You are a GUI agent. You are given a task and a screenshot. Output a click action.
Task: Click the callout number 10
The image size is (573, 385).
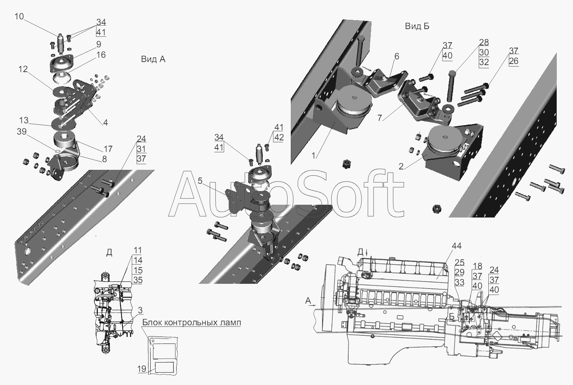(19, 17)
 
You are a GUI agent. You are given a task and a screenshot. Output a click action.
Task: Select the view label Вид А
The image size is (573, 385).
(153, 59)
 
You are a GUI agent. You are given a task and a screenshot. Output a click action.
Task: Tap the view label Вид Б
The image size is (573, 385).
(417, 26)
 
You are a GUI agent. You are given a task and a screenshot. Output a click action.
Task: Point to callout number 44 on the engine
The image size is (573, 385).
(457, 246)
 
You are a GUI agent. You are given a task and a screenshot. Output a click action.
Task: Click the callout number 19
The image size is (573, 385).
(142, 369)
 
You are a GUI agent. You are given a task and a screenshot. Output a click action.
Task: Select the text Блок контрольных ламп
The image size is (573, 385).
(192, 323)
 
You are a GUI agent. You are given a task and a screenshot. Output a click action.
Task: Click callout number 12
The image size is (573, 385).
(23, 69)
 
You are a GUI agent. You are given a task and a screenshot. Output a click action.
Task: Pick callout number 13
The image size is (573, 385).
(24, 120)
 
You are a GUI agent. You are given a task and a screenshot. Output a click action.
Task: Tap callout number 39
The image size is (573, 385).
(22, 131)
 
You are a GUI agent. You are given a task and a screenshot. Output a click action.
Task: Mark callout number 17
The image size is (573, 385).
(108, 149)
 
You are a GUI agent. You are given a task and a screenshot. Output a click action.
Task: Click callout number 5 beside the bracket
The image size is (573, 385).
(200, 181)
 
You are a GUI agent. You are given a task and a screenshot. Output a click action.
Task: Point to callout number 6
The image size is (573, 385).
(396, 56)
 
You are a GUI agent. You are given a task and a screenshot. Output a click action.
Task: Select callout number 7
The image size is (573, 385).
(380, 118)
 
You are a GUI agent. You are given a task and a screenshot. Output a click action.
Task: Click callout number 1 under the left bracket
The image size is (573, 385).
(313, 155)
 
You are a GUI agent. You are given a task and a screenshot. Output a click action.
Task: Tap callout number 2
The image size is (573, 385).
(401, 167)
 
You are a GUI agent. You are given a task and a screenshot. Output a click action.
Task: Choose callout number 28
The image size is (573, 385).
(484, 42)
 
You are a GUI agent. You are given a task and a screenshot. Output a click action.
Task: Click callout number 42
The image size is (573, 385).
(279, 138)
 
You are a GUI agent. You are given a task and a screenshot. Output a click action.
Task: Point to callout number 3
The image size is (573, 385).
(140, 310)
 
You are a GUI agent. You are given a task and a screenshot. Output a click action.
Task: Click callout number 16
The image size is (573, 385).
(101, 55)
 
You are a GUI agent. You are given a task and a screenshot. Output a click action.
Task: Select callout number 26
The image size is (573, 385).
(514, 61)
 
